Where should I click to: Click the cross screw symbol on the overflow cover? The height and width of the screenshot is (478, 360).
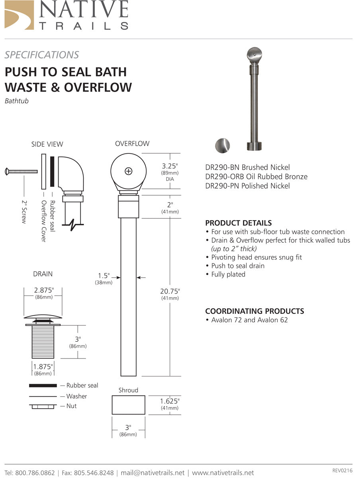coord(128,171)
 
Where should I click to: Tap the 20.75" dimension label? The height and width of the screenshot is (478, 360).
coord(170,291)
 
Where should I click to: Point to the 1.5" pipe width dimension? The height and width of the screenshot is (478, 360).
coord(104,276)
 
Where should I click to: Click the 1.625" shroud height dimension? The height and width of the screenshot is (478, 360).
coord(170,401)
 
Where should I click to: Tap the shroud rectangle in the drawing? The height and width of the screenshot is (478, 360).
coord(128,405)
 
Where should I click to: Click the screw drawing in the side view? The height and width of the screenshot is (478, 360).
coord(22,171)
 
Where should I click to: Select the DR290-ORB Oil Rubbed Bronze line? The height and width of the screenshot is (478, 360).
coord(256,176)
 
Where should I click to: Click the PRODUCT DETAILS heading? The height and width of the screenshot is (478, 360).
coord(238,223)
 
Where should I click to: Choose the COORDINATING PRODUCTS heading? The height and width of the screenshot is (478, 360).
coord(254,311)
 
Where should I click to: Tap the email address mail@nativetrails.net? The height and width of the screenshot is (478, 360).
coord(153,472)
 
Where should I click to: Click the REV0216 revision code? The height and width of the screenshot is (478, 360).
coord(342,470)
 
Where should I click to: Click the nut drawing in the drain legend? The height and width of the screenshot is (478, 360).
coord(43,406)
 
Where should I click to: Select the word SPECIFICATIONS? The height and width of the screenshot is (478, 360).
coord(42,55)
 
